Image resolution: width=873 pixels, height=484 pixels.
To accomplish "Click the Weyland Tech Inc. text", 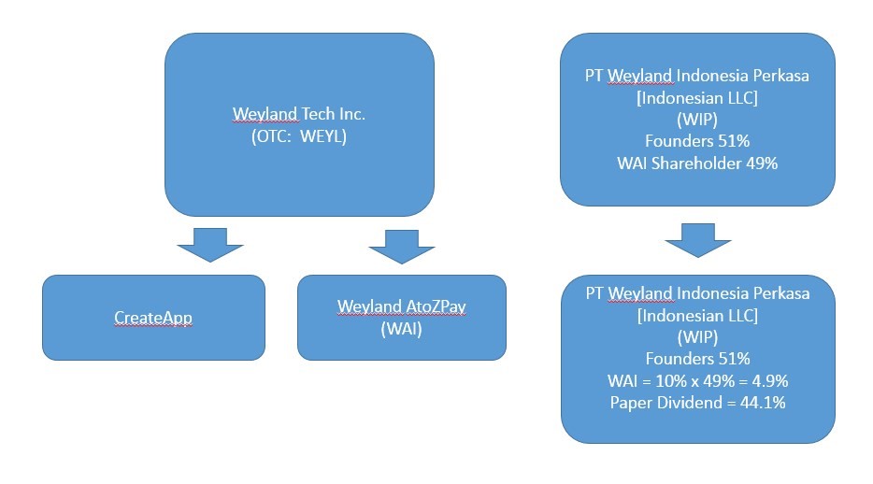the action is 299,114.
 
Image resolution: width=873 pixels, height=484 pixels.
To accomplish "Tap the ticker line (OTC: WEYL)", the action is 299,136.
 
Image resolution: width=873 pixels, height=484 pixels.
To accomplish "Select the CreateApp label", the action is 153,318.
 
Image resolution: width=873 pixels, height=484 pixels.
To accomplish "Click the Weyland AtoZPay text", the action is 401,306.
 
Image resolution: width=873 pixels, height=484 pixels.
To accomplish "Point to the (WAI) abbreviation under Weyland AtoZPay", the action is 401,329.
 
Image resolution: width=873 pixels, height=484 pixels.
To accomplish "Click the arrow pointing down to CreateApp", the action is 210,245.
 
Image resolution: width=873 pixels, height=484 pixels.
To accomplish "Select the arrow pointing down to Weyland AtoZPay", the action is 401,247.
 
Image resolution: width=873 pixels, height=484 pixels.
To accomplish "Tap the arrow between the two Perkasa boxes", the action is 697,240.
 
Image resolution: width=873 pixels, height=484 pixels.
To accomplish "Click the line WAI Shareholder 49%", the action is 697,164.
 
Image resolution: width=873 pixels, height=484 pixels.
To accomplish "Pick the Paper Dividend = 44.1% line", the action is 697,403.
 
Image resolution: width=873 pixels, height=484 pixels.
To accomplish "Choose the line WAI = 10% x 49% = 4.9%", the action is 697,381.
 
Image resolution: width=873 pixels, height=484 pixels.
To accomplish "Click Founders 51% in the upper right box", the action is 697,141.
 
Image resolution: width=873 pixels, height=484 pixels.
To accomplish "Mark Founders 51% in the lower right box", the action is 697,359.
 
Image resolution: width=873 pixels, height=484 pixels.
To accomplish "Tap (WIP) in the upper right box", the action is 697,120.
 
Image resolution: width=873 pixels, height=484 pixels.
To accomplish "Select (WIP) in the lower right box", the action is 697,337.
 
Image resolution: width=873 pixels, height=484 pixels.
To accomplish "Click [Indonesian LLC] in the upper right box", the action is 697,98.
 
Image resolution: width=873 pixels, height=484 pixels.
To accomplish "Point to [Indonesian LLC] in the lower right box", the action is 697,316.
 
